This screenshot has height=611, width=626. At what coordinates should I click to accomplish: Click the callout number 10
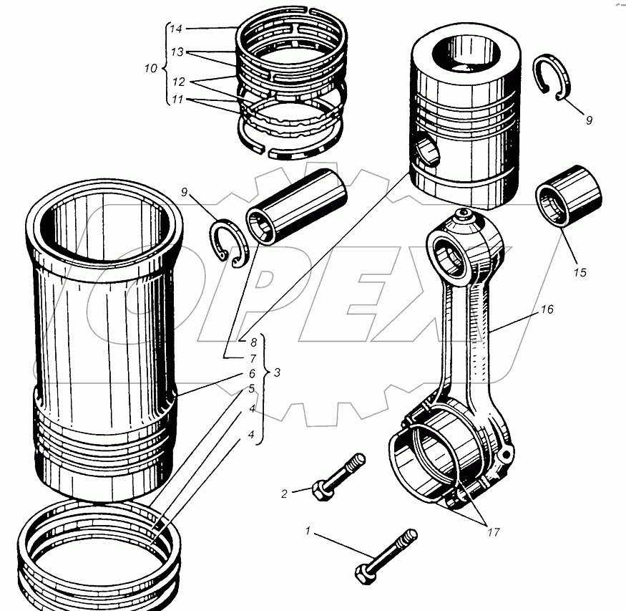[x=150, y=69]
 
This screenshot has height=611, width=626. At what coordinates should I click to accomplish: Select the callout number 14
[x=176, y=29]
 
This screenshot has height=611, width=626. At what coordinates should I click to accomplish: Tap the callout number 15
[x=579, y=272]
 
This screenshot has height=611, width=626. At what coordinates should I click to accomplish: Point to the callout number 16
[x=547, y=309]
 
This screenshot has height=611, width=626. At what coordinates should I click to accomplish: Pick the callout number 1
[x=308, y=531]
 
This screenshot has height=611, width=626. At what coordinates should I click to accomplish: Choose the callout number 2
[x=284, y=493]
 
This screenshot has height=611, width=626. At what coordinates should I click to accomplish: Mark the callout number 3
[x=277, y=373]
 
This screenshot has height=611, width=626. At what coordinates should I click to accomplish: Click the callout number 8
[x=252, y=342]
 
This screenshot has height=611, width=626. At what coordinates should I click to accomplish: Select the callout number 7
[x=252, y=357]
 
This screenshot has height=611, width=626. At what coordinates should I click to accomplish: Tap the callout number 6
[x=252, y=374]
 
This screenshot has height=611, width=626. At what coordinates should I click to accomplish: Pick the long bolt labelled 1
[x=386, y=556]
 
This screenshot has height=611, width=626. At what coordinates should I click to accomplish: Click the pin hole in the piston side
[x=427, y=153]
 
